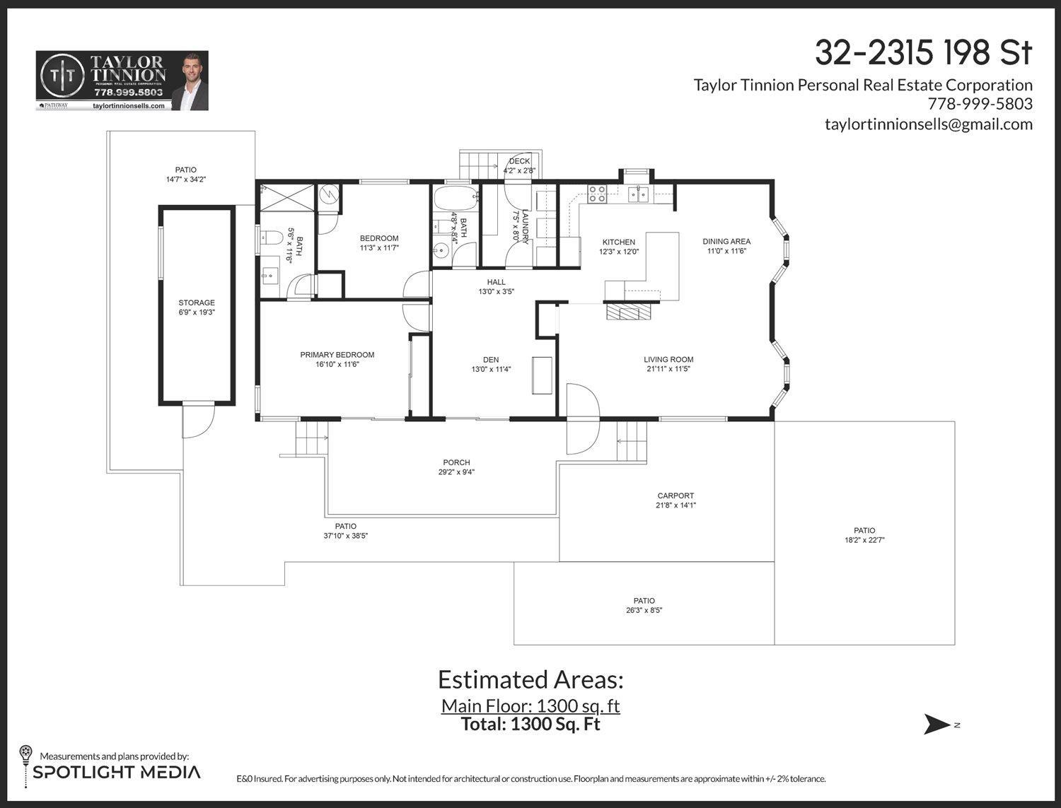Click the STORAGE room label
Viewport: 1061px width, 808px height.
(x=197, y=303)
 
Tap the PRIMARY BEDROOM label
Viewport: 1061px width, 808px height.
(x=337, y=355)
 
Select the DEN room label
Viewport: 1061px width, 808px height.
(x=491, y=360)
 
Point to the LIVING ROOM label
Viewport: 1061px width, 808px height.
(x=668, y=360)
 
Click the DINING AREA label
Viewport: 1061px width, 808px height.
(x=726, y=242)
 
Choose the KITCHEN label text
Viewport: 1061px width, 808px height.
(x=619, y=242)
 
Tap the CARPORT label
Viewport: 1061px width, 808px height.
(x=676, y=496)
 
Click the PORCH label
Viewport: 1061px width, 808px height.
(x=456, y=463)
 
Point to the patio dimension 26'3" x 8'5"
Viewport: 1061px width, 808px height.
(x=644, y=610)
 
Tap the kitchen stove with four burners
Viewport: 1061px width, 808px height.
(x=597, y=194)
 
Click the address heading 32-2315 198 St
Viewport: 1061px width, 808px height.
(x=923, y=53)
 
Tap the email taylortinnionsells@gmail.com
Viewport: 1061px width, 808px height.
(x=928, y=124)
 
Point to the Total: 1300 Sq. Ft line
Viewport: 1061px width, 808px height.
(x=530, y=724)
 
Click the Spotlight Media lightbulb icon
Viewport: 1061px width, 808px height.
(x=25, y=754)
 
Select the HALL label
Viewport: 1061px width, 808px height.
(x=497, y=282)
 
